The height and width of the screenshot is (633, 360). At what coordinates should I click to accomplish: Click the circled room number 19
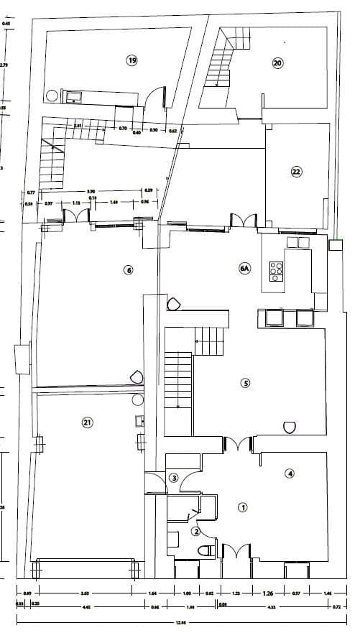[131, 60]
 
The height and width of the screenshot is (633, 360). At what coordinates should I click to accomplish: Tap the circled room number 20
[278, 63]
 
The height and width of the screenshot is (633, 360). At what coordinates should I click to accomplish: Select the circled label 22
[296, 171]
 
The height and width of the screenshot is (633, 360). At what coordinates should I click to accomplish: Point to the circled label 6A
[244, 269]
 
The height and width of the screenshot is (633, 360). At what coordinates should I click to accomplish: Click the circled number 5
[245, 383]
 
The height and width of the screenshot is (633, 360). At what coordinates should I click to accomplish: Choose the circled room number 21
[87, 422]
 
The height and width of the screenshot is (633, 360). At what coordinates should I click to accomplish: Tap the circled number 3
[173, 478]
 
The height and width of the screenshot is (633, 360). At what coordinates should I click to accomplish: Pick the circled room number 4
[290, 473]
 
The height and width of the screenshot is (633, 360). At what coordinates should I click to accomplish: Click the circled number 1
[243, 507]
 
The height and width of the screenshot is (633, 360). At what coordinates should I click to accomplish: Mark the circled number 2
[195, 532]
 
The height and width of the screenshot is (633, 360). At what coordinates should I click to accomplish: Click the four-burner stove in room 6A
[276, 269]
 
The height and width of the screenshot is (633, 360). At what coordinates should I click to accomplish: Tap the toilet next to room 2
[206, 551]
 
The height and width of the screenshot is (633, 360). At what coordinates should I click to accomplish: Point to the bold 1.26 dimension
[268, 593]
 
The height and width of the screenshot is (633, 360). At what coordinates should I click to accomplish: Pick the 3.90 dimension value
[91, 191]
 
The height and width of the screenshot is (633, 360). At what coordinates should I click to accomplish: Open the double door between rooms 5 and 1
[237, 445]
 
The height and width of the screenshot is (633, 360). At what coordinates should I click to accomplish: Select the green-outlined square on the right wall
[336, 245]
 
